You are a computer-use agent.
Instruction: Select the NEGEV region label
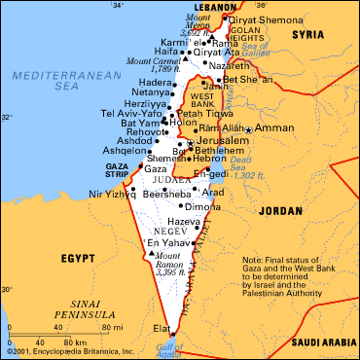[x=161, y=230]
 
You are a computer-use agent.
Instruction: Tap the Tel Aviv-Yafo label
[x=131, y=112]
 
